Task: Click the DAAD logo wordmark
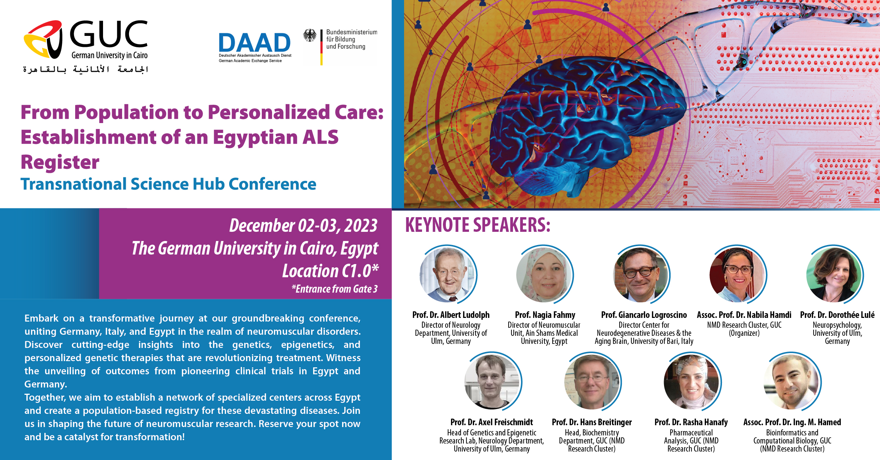254,42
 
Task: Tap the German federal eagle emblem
310,36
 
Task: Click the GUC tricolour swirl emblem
43,40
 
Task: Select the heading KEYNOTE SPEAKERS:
478,225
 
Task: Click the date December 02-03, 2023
303,226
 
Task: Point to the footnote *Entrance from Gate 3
334,289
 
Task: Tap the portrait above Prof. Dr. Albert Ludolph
448,274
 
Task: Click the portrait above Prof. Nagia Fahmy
544,274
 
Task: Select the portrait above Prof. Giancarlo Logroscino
641,274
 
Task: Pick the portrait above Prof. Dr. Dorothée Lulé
835,274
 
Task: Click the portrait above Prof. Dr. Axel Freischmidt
493,382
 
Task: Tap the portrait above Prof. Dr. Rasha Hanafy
692,382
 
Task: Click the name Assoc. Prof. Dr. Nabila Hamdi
744,315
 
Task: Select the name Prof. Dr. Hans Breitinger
592,422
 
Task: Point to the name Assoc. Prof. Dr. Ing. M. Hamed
792,422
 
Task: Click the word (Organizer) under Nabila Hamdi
744,333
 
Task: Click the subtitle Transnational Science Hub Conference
168,184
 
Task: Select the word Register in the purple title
60,162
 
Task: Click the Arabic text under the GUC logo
85,69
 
